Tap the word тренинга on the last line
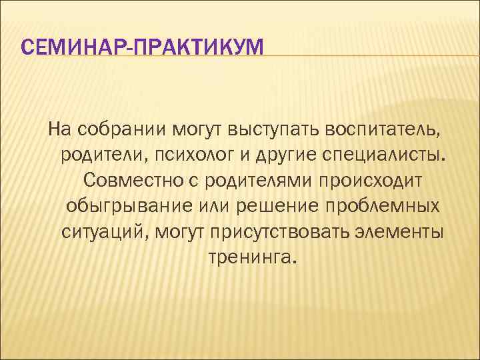(249, 257)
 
